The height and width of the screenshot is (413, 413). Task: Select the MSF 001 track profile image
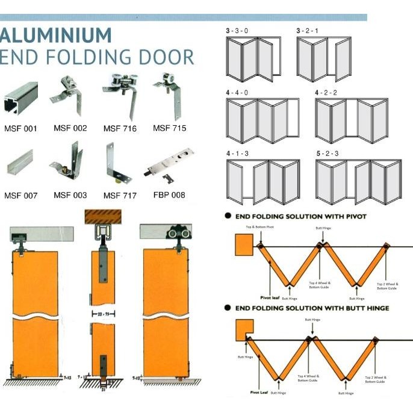click(x=20, y=99)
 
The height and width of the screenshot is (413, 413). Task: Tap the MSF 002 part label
click(x=70, y=128)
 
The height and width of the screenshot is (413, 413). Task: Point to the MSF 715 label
click(x=169, y=128)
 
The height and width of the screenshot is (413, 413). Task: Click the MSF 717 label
click(x=120, y=195)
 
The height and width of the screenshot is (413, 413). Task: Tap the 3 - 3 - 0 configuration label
click(x=239, y=31)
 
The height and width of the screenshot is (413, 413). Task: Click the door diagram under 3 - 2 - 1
click(x=324, y=59)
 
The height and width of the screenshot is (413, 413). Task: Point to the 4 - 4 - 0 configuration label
click(x=239, y=93)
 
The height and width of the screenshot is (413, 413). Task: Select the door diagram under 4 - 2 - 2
click(x=351, y=120)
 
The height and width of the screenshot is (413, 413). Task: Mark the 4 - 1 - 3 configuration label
click(x=239, y=154)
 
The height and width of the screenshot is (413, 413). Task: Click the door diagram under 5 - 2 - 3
click(x=358, y=181)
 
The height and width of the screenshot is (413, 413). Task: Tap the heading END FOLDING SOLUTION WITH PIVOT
click(x=299, y=215)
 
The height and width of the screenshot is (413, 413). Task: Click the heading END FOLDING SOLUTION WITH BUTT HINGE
click(x=311, y=308)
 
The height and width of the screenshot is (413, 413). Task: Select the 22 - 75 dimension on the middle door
click(x=103, y=314)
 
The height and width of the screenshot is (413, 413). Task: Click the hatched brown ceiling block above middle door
click(x=103, y=217)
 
